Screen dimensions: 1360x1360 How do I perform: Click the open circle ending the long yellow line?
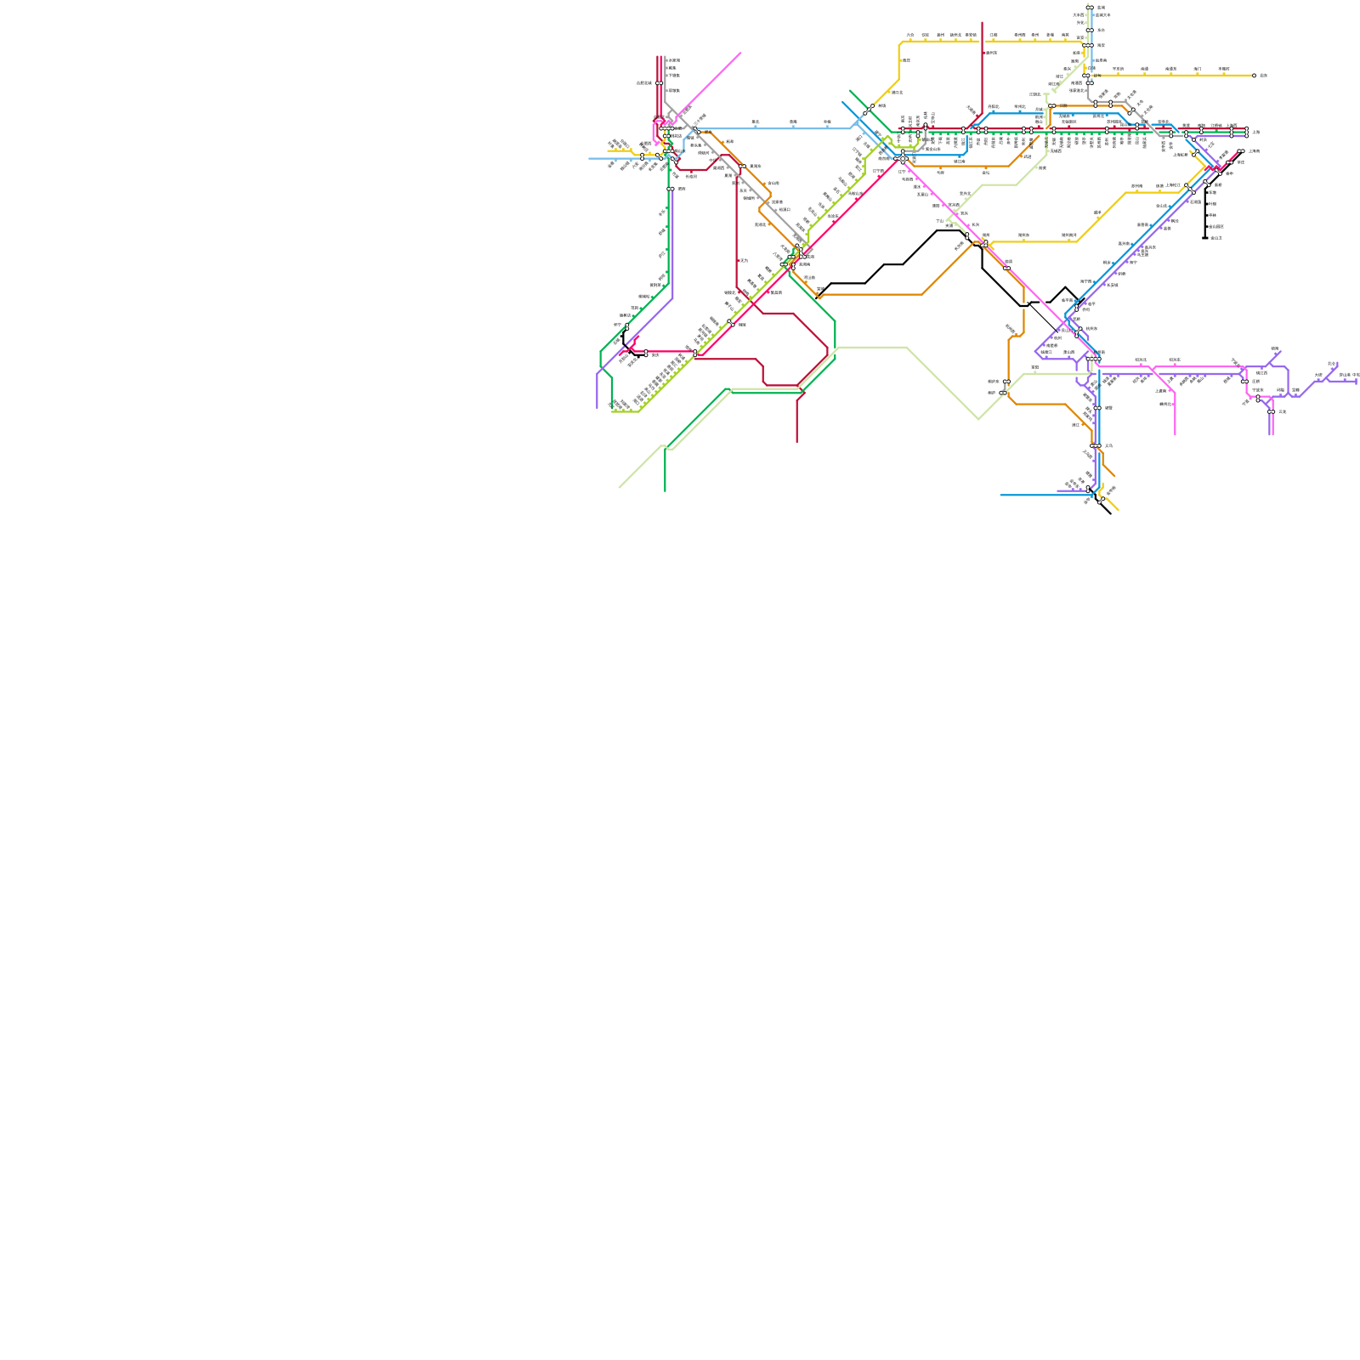click(x=1254, y=76)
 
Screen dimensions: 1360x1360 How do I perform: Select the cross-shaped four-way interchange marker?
click(x=903, y=159)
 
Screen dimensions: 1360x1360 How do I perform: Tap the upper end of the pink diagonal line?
click(x=740, y=53)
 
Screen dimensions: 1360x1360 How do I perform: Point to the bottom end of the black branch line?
click(x=1205, y=238)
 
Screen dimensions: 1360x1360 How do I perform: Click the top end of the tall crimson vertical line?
click(x=983, y=22)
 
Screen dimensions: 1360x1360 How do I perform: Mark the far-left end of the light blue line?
click(x=589, y=158)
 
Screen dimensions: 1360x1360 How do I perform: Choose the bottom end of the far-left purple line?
click(x=598, y=409)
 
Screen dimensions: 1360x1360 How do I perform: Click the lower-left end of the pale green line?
click(x=619, y=488)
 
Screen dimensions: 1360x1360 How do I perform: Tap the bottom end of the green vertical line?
click(x=665, y=491)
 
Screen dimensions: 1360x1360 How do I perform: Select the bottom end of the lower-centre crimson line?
click(x=797, y=443)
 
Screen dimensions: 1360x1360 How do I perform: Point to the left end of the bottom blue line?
click(x=1000, y=495)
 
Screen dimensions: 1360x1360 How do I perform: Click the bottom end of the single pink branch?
click(x=1176, y=435)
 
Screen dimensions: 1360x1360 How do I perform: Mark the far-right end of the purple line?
click(x=1357, y=381)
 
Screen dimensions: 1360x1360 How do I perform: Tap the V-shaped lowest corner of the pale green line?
click(x=978, y=419)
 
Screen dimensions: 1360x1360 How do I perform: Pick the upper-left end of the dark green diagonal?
click(x=849, y=90)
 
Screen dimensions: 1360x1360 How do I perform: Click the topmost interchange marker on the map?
click(x=1090, y=8)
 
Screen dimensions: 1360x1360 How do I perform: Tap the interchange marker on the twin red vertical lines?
click(x=660, y=83)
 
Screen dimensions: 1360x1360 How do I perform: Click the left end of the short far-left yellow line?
click(x=608, y=151)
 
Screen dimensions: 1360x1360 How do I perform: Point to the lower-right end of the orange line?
click(x=1115, y=476)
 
